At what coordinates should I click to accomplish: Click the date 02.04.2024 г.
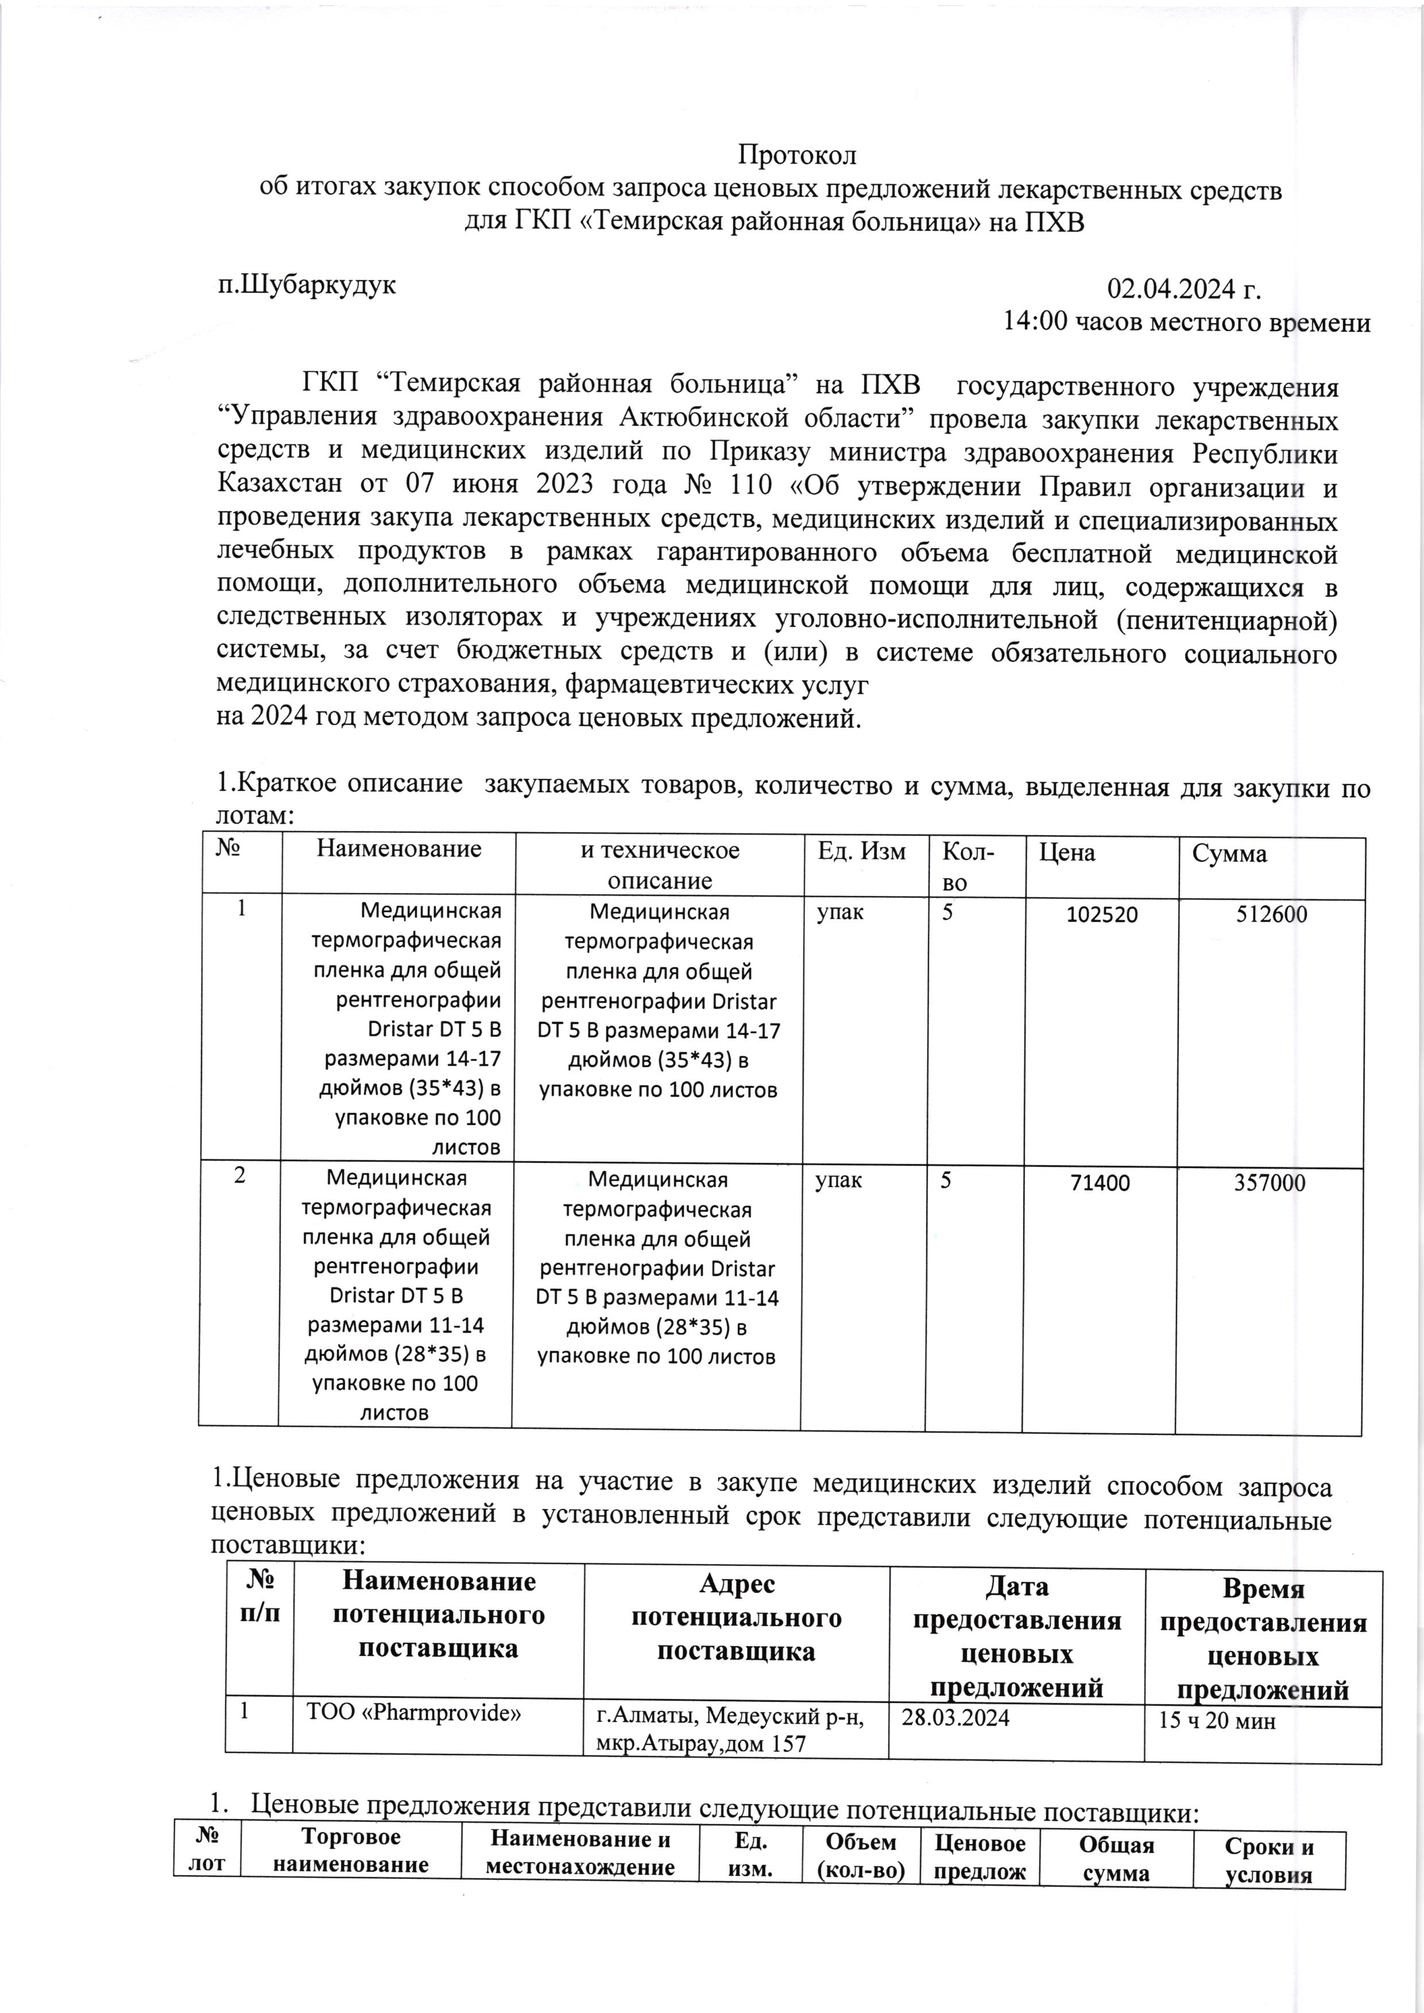click(x=1184, y=289)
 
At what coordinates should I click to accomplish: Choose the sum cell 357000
click(x=1270, y=1183)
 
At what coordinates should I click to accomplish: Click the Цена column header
click(x=1067, y=852)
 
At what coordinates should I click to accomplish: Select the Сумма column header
click(x=1229, y=854)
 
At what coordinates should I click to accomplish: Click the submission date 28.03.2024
click(x=956, y=1717)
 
